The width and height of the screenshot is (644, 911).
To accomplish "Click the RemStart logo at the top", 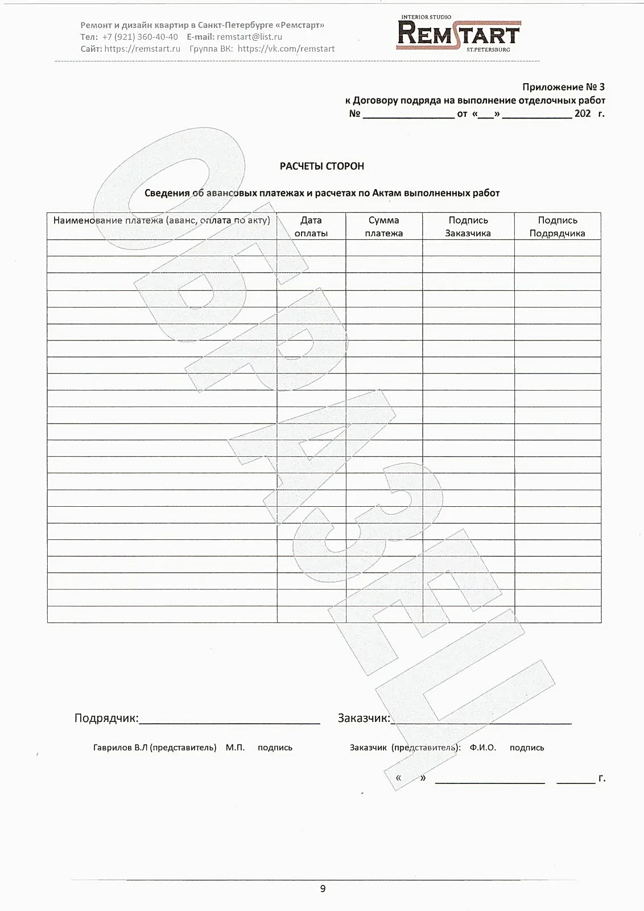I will pyautogui.click(x=458, y=34).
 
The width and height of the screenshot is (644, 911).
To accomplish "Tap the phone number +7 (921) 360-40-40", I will pyautogui.click(x=140, y=37).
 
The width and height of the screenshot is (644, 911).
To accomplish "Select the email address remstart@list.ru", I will pyautogui.click(x=249, y=37).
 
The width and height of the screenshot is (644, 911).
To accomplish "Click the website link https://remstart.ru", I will pyautogui.click(x=142, y=49).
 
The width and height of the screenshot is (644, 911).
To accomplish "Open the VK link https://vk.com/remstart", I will pyautogui.click(x=286, y=49).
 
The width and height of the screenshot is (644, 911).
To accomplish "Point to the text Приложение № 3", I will pyautogui.click(x=563, y=87).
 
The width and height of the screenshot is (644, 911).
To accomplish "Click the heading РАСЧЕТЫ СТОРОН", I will pyautogui.click(x=321, y=166).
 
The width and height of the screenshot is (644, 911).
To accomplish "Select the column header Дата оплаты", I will pyautogui.click(x=311, y=227).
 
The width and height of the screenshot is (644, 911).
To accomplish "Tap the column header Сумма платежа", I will pyautogui.click(x=383, y=227).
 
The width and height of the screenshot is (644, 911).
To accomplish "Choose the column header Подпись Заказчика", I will pyautogui.click(x=468, y=227).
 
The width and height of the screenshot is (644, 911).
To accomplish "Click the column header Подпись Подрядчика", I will pyautogui.click(x=557, y=227).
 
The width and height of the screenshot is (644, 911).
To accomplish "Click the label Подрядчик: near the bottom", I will pyautogui.click(x=106, y=718).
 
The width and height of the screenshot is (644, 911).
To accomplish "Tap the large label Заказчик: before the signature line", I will pyautogui.click(x=364, y=718).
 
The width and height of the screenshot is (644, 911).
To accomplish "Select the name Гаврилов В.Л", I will pyautogui.click(x=120, y=748).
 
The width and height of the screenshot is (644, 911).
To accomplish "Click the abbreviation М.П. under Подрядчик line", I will pyautogui.click(x=235, y=748).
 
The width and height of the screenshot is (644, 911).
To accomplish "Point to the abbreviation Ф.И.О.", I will pyautogui.click(x=482, y=748).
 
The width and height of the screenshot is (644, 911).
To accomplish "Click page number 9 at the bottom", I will pyautogui.click(x=323, y=889).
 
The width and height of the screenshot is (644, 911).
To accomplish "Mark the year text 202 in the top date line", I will pyautogui.click(x=583, y=113).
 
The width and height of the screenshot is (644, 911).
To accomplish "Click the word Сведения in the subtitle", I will pyautogui.click(x=167, y=193).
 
